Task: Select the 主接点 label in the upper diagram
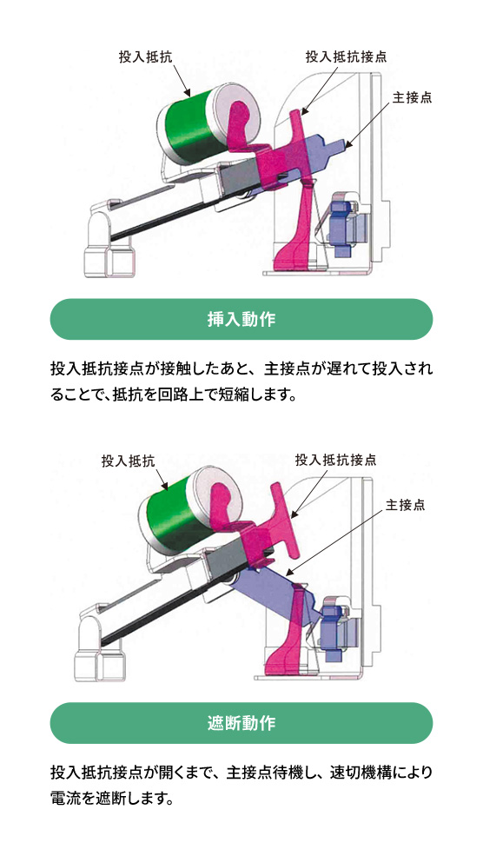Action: pos(413,96)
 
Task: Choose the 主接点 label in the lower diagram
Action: pos(406,504)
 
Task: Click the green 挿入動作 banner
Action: pos(241,319)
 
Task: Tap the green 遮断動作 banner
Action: pos(241,723)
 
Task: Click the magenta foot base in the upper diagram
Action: pos(291,256)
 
